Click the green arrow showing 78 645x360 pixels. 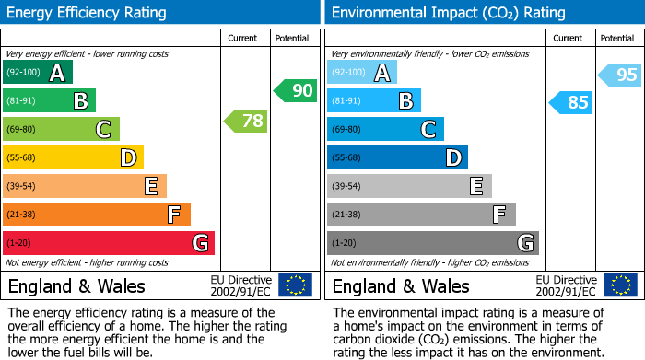click(245, 121)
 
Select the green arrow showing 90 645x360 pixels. click(295, 91)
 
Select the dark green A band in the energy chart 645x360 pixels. click(38, 73)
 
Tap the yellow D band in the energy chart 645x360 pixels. click(73, 158)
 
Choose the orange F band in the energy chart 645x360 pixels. click(97, 215)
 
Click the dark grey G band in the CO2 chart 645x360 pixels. click(432, 243)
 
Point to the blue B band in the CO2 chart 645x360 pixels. click(373, 101)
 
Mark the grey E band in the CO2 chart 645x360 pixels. click(409, 187)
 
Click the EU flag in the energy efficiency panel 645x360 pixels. click(295, 285)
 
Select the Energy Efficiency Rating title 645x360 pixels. click(87, 13)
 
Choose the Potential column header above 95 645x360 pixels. click(617, 38)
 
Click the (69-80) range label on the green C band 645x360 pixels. click(23, 130)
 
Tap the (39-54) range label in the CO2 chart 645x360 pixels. click(347, 187)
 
